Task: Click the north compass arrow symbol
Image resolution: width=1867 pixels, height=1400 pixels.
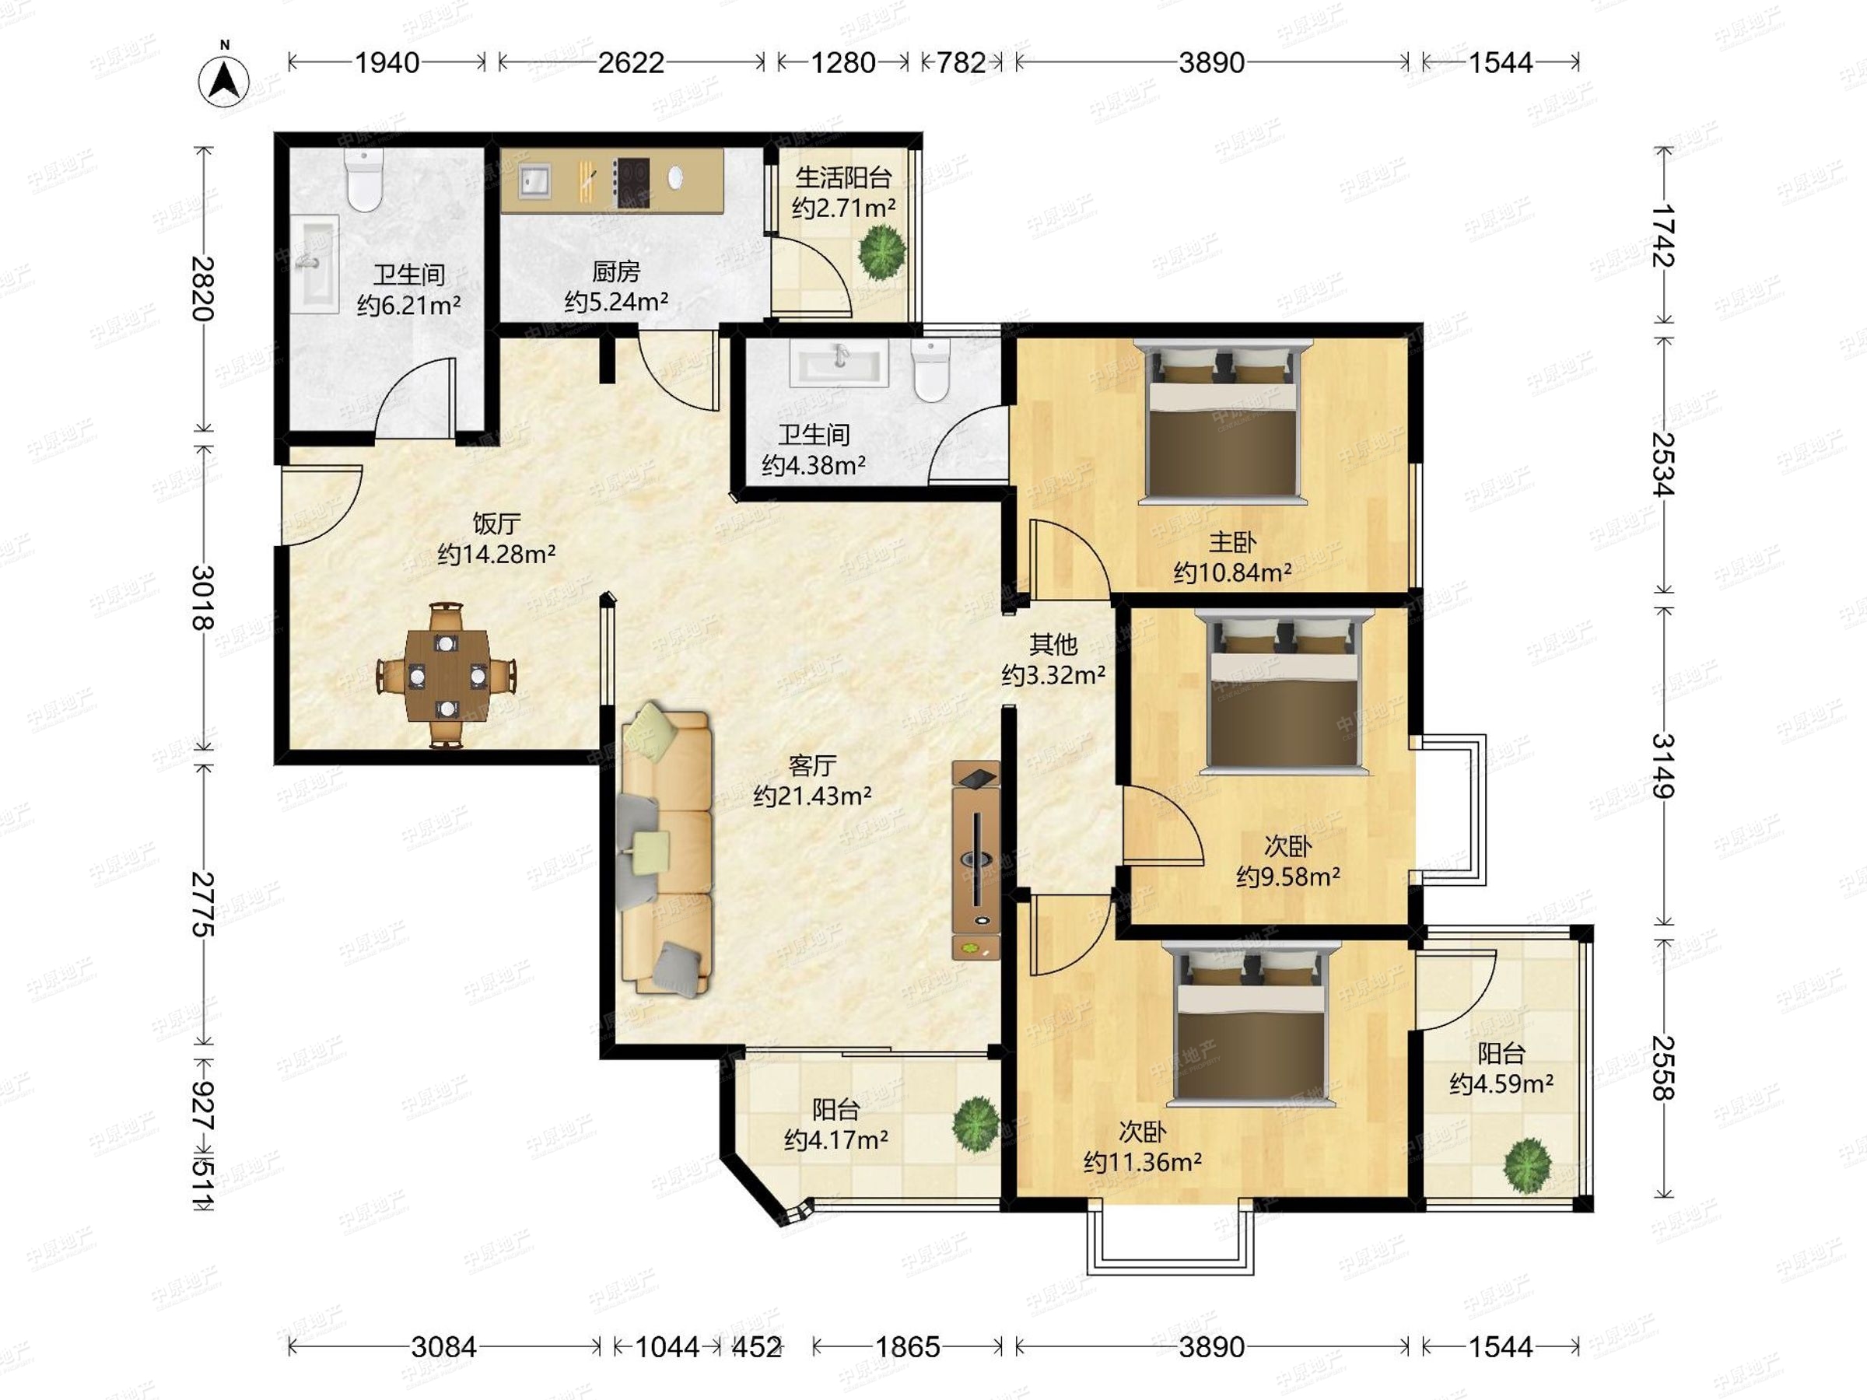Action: [x=224, y=80]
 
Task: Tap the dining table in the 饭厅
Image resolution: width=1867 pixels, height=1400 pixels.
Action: [x=446, y=675]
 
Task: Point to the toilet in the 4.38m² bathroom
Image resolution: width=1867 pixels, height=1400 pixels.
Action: [x=931, y=370]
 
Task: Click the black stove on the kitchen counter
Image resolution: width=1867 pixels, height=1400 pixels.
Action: [x=632, y=182]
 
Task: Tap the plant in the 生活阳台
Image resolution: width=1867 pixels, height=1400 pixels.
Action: [x=882, y=250]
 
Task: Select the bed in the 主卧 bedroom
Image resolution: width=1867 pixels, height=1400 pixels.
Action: [x=1223, y=422]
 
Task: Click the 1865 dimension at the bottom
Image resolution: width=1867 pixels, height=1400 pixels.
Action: [x=907, y=1347]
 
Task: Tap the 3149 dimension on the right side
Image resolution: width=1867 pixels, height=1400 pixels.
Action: [x=1662, y=765]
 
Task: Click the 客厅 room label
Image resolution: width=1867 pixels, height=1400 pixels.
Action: [x=812, y=765]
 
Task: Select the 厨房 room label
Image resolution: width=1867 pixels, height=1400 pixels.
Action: [x=616, y=271]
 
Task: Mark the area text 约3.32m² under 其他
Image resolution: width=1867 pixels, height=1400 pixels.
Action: [x=1053, y=675]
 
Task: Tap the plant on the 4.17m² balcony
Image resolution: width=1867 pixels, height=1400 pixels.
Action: [x=976, y=1123]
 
